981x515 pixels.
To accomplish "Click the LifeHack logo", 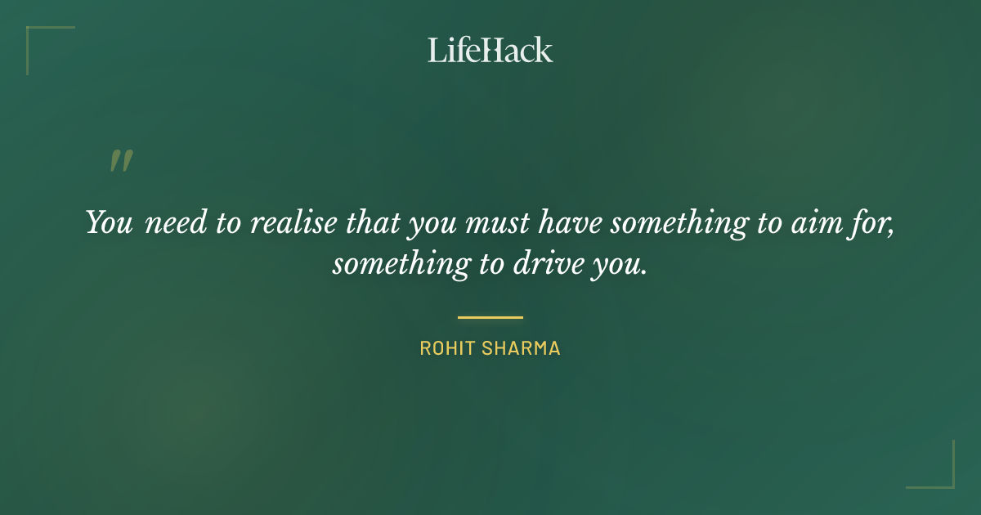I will tap(490, 50).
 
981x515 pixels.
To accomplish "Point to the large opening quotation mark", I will tap(121, 161).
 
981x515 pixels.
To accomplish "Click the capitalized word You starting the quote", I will tap(109, 222).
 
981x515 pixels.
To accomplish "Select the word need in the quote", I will tap(172, 223).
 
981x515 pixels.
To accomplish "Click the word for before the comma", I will tap(874, 222).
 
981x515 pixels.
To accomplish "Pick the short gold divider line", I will tap(490, 317).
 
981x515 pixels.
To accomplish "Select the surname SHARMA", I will tap(527, 348).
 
